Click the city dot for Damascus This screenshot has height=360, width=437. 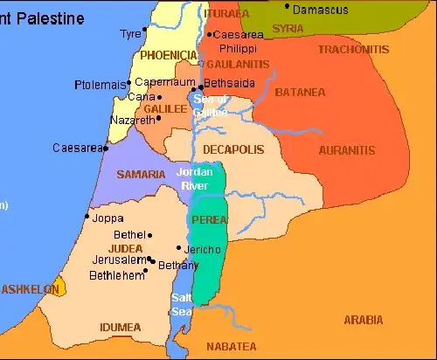click(288, 7)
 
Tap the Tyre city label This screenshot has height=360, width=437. click(130, 33)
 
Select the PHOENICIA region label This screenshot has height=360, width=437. click(169, 55)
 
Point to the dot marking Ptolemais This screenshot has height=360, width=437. click(129, 83)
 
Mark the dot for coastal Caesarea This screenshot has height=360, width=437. click(106, 149)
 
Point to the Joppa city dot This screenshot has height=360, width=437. click(87, 216)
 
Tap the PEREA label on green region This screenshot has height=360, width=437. click(210, 219)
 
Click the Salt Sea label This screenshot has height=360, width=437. click(183, 305)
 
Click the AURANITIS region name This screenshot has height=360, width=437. click(346, 150)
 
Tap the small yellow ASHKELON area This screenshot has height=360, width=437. click(58, 288)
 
